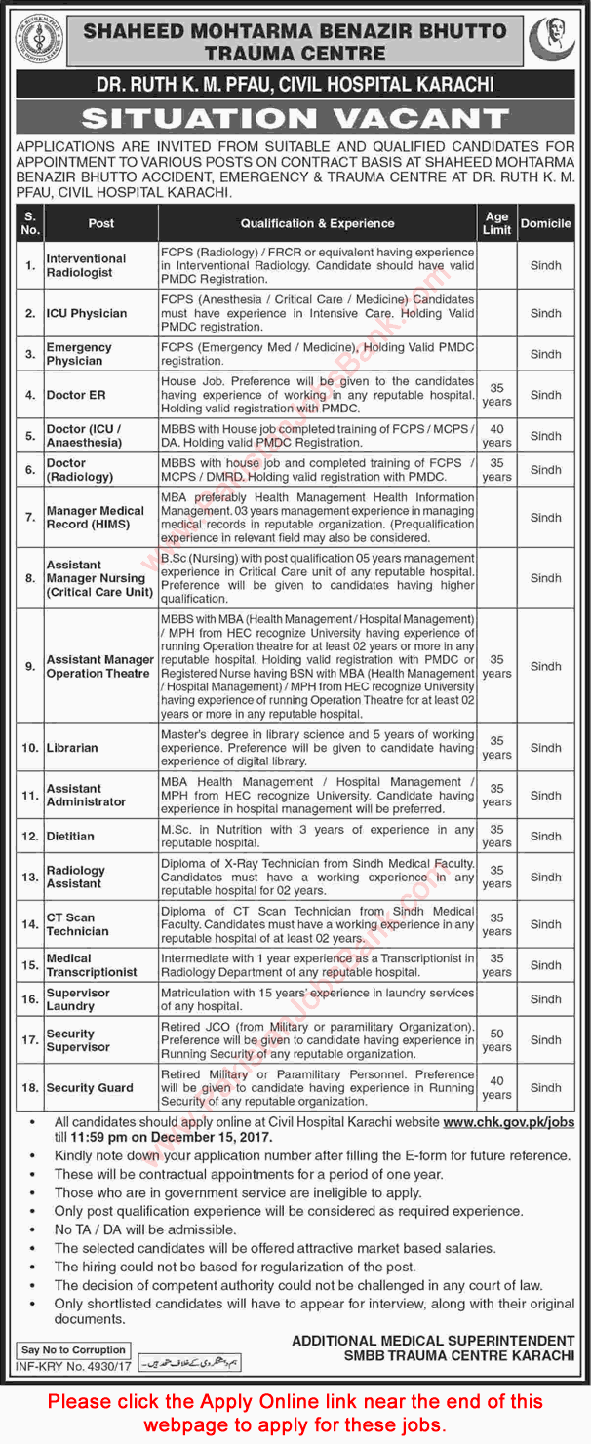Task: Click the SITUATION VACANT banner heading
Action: pos(295,119)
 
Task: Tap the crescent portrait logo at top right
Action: pos(552,38)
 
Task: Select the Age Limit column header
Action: pos(496,223)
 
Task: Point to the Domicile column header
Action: pos(546,223)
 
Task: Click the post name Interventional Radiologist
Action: pos(87,265)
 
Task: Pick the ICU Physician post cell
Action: pos(87,313)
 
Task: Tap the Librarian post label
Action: pos(72,748)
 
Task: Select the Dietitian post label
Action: pos(71,836)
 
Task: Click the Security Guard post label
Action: pos(90,1087)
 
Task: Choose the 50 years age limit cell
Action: pos(496,1040)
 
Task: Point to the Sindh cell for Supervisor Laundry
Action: pos(546,999)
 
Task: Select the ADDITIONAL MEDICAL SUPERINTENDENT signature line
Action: pos(433,1341)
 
